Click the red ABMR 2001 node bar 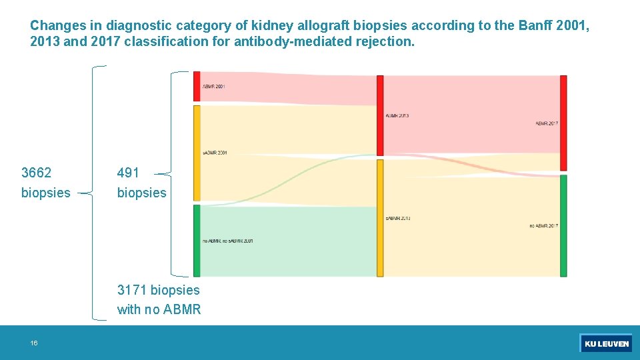coord(197,86)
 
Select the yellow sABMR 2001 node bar coord(197,153)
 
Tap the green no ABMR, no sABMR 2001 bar coord(197,240)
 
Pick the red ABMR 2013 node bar coord(380,115)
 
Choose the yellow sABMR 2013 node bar coord(380,217)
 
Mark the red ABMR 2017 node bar coord(563,123)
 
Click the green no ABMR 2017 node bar coord(563,225)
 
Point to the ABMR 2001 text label coord(214,87)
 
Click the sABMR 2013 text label coord(398,219)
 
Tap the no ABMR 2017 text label coord(543,226)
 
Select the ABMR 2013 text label coord(397,116)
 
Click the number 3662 coord(36,173)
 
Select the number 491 coord(128,173)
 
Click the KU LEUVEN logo coord(606,344)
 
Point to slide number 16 coord(33,343)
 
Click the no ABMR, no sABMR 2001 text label coord(228,241)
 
